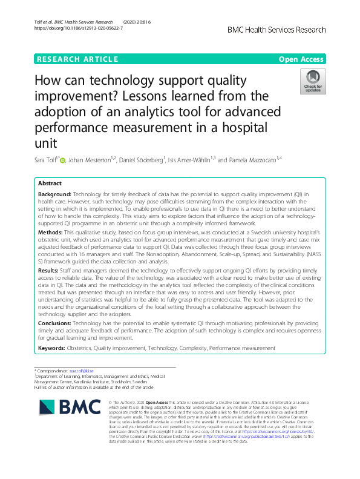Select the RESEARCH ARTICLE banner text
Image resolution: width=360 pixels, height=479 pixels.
click(x=77, y=59)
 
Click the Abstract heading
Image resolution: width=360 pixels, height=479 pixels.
click(x=50, y=183)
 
